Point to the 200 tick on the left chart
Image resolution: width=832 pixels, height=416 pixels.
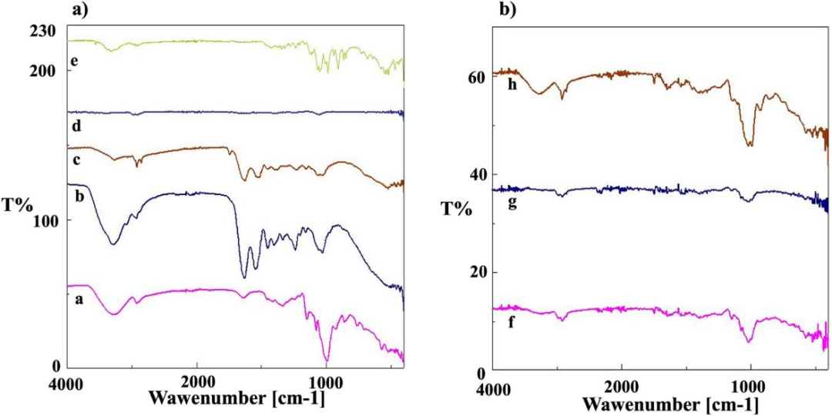click(x=43, y=70)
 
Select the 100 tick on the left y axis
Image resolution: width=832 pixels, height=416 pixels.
click(x=43, y=220)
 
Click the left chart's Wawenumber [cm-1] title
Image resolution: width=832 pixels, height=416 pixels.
click(x=236, y=399)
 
